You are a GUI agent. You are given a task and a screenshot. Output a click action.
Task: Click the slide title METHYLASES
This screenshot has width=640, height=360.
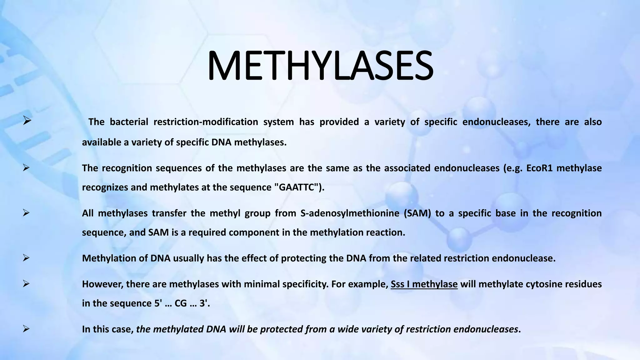(x=320, y=66)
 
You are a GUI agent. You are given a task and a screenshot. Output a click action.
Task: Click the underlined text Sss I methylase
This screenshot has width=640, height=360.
(x=424, y=284)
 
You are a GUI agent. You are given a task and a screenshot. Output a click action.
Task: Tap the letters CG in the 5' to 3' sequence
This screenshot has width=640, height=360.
(x=181, y=303)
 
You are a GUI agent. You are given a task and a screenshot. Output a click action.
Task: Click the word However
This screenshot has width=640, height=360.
(x=102, y=284)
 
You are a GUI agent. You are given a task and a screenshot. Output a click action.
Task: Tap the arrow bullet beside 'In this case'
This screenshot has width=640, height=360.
(x=26, y=329)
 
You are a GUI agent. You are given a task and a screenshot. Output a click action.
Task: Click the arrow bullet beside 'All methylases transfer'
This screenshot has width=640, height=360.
(x=26, y=213)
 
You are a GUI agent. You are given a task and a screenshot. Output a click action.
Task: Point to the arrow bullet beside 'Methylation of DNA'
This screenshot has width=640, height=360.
(x=26, y=258)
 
